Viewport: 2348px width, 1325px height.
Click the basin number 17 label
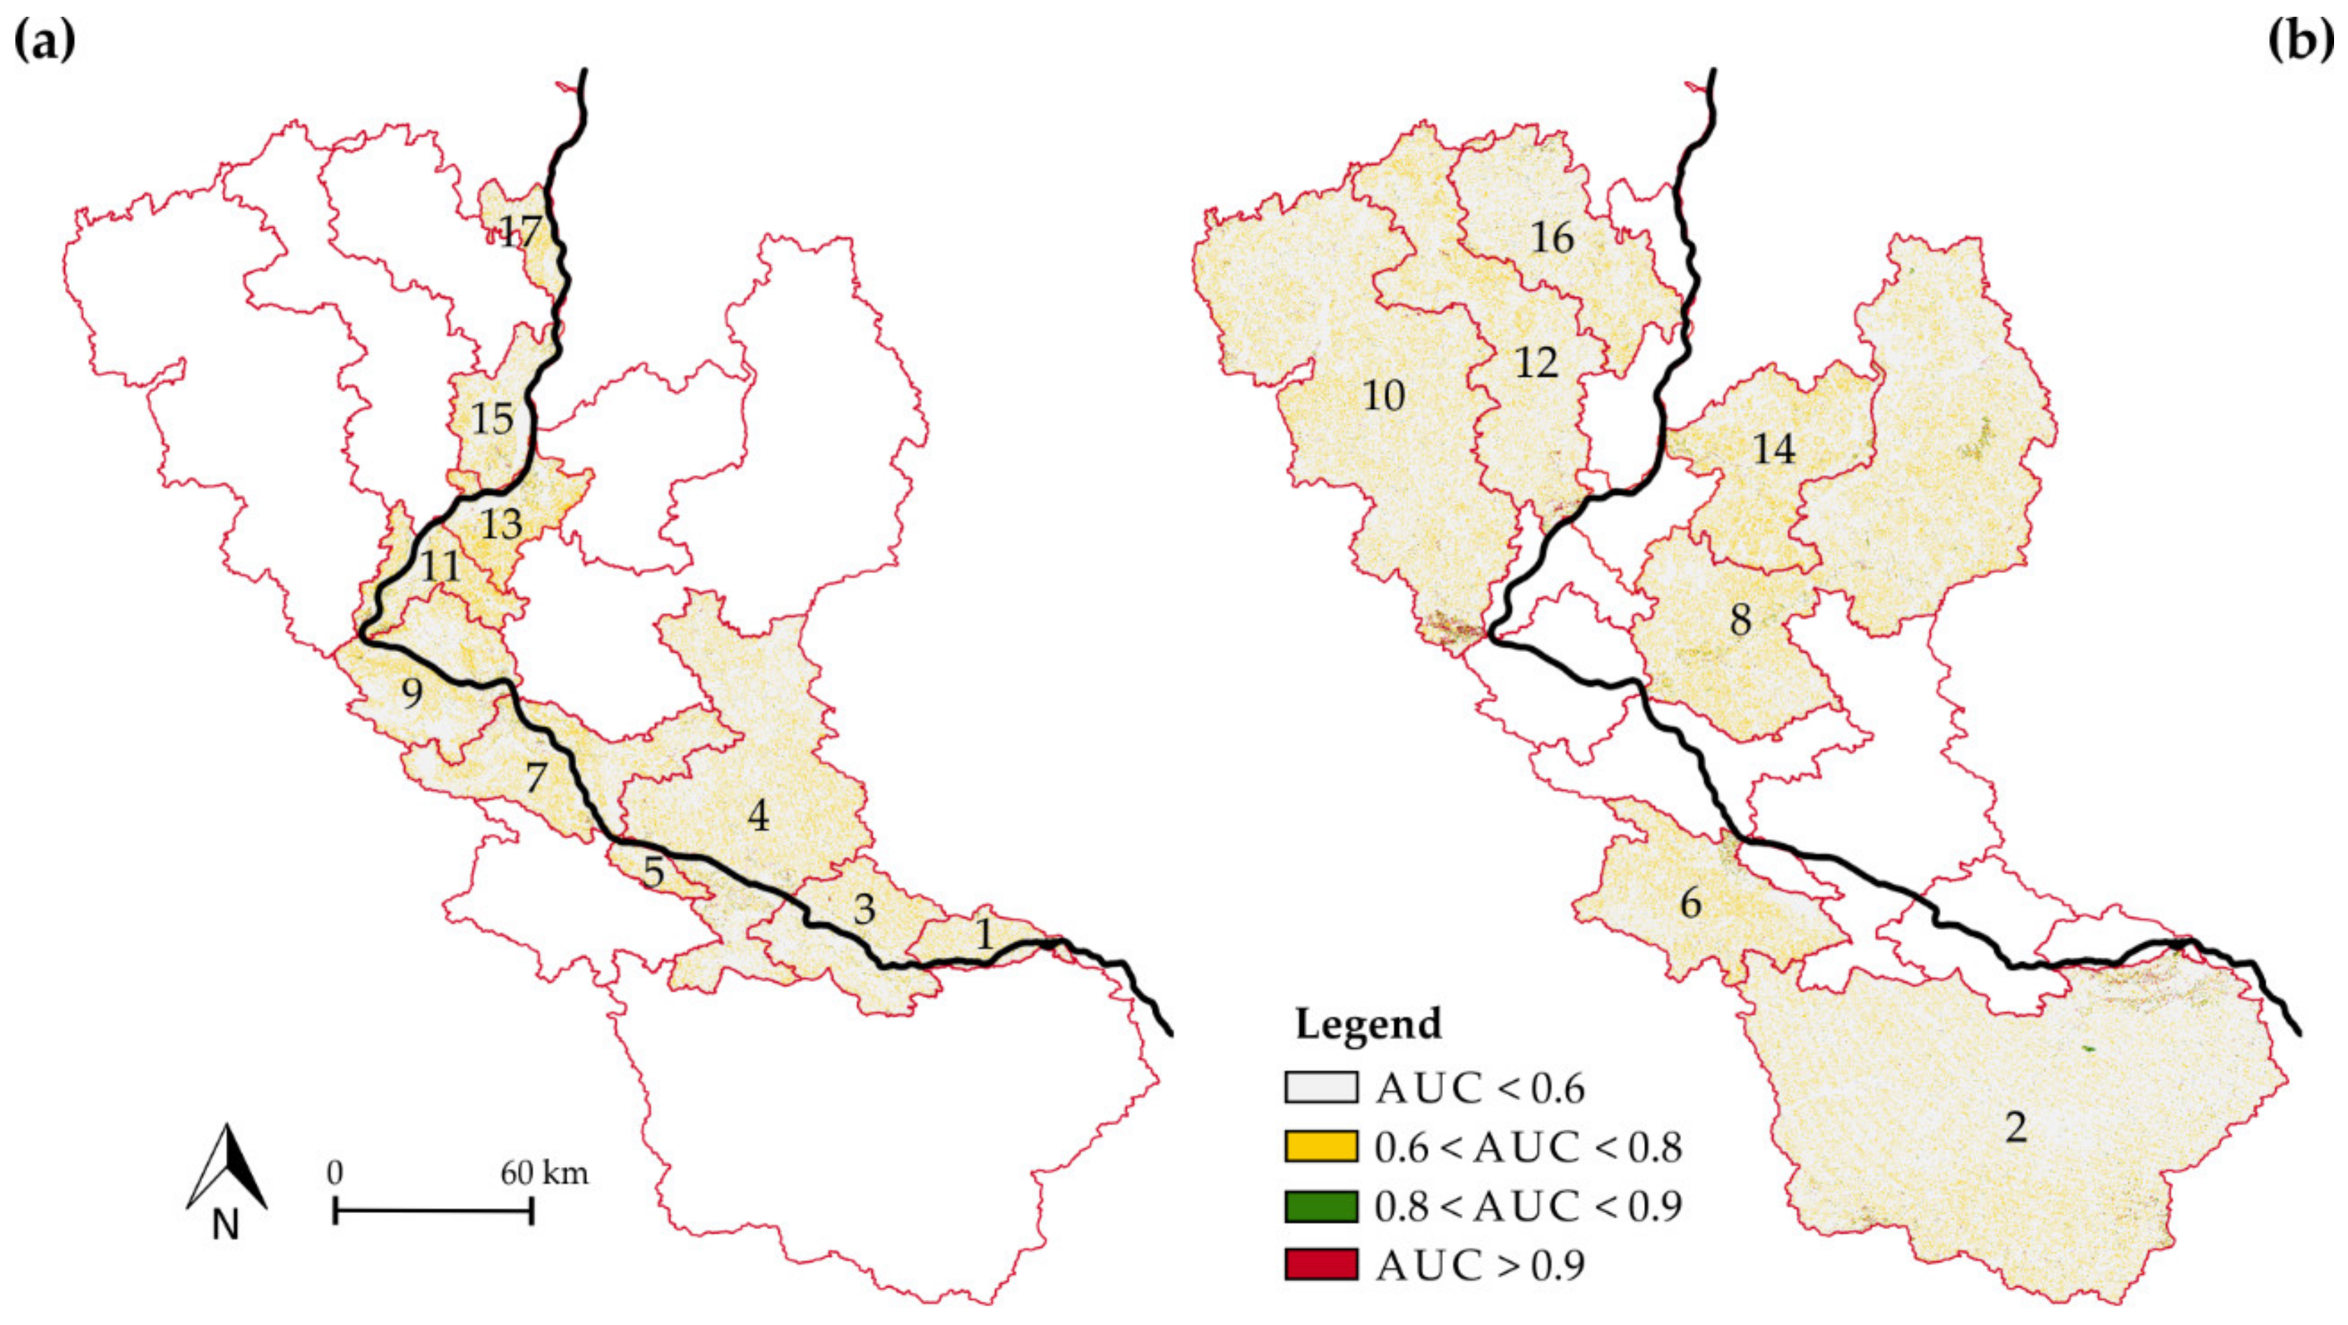pos(520,231)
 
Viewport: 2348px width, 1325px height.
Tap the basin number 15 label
pos(492,419)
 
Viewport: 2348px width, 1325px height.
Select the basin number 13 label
pos(501,524)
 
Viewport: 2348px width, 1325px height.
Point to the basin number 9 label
pos(412,694)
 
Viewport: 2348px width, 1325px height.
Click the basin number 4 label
pos(758,816)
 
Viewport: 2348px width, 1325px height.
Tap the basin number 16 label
pos(1551,238)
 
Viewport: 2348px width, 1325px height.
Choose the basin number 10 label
pos(1383,396)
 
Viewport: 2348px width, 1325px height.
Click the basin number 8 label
pos(1740,620)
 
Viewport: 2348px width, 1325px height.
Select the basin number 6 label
pos(1690,903)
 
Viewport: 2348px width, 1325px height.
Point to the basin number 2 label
pos(2016,1128)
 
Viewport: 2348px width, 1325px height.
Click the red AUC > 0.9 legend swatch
pos(1321,1265)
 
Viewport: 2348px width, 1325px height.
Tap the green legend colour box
pos(1321,1205)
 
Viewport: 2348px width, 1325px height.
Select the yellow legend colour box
pos(1321,1146)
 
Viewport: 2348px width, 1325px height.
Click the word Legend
pos(1368,1024)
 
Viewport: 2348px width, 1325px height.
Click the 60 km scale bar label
pos(544,1173)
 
